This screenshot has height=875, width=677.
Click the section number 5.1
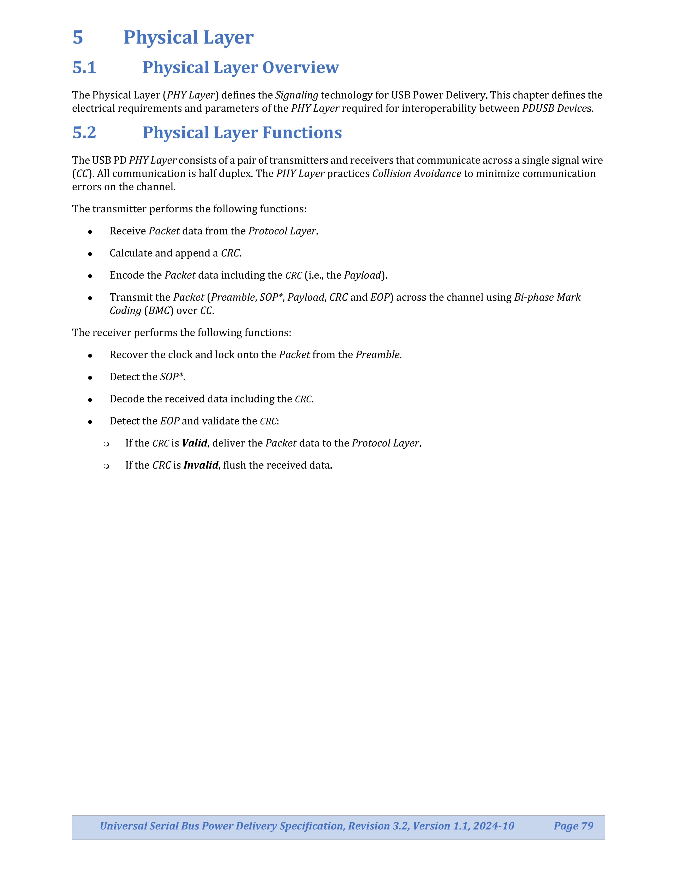pos(84,67)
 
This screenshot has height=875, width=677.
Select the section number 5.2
pos(84,133)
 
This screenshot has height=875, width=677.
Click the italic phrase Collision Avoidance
pos(416,173)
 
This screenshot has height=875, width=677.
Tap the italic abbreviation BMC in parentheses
pos(158,311)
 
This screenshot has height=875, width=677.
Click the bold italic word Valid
pos(195,443)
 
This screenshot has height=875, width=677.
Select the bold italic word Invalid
pos(201,465)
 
